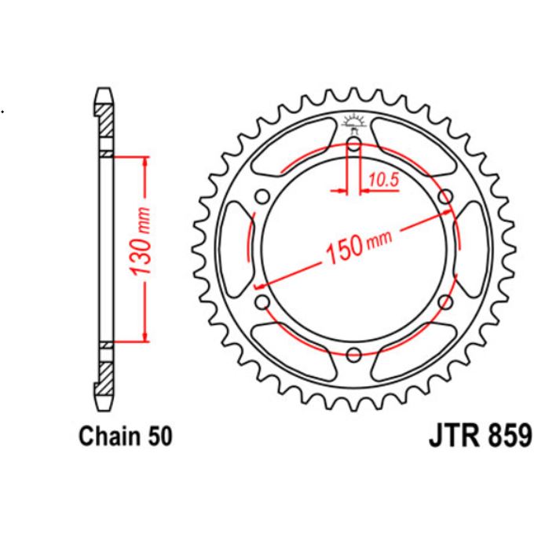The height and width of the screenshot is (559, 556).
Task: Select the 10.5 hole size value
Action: pyautogui.click(x=384, y=180)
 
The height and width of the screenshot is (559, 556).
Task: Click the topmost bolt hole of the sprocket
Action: pyautogui.click(x=353, y=144)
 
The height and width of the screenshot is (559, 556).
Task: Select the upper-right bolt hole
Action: pyautogui.click(x=445, y=196)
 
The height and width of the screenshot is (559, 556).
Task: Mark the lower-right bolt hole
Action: pyautogui.click(x=445, y=302)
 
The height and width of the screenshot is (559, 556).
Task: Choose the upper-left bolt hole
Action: pyautogui.click(x=262, y=196)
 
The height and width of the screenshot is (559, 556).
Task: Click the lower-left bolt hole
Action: pyautogui.click(x=262, y=302)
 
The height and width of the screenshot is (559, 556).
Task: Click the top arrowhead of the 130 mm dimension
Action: pyautogui.click(x=144, y=160)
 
